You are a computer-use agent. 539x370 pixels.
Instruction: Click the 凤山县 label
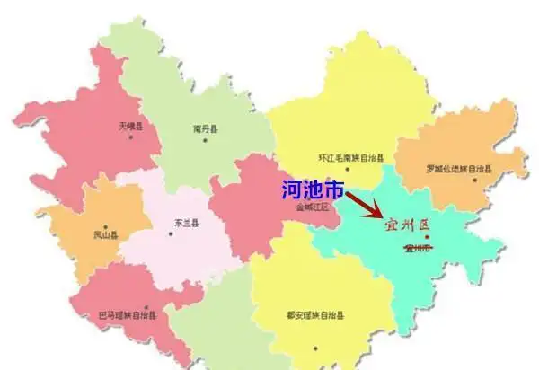[105, 235]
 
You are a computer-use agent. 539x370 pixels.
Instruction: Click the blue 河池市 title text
[313, 189]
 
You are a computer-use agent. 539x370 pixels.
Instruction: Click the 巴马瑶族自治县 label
[127, 315]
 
